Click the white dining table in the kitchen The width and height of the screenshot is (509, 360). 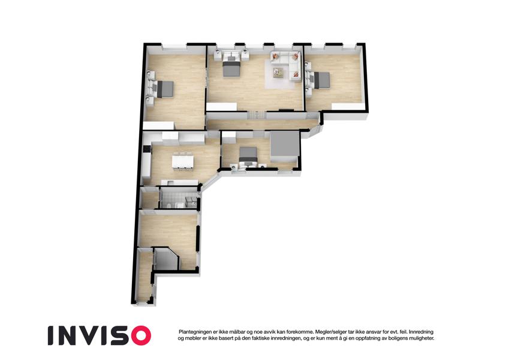183,161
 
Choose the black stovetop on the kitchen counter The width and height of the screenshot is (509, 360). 146,149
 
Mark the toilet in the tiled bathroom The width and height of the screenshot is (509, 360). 170,205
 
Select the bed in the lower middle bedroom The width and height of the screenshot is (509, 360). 248,156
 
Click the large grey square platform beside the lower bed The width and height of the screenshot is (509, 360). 284,146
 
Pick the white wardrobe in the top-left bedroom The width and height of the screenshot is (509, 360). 159,125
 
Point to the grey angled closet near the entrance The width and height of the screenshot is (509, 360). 166,259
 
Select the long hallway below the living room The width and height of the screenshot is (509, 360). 262,124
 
